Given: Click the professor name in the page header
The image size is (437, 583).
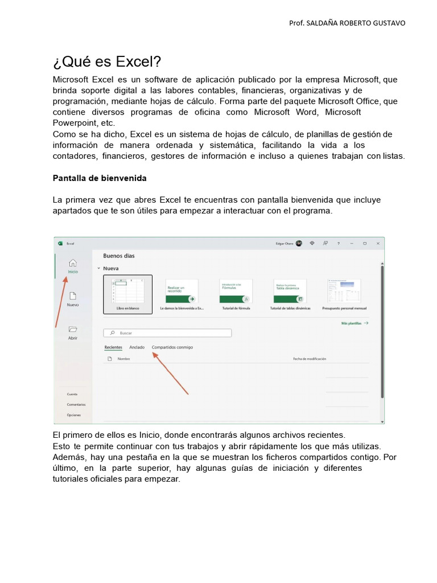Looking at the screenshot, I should (347, 23).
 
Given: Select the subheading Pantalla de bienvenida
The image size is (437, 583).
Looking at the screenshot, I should (100, 178).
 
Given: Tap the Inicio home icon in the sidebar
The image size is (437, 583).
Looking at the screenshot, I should (72, 263).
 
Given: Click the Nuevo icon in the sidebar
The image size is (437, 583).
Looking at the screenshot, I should (72, 296).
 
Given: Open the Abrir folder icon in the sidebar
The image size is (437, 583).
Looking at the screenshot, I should (72, 329).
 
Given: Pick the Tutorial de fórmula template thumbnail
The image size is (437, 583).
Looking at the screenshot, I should (236, 291).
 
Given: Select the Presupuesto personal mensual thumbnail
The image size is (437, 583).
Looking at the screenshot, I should (344, 291).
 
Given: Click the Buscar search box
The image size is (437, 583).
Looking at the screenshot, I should (168, 333).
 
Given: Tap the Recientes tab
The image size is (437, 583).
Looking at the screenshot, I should (113, 347).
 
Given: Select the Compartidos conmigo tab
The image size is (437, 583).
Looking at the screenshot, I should (172, 347).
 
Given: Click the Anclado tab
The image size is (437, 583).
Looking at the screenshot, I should (137, 347).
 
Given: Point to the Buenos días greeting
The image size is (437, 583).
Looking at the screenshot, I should (119, 256).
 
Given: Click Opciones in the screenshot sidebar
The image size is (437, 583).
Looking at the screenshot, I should (74, 415).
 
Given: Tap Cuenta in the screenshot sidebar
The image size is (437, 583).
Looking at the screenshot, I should (72, 394).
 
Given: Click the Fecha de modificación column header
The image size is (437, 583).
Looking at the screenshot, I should (310, 359).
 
